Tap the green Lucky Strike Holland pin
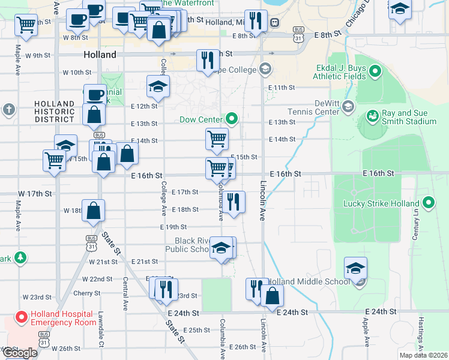coord(429,203)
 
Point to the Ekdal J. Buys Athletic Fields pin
coord(376,72)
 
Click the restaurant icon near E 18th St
coord(234,202)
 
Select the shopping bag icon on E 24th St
coord(272,295)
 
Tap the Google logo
coord(20,353)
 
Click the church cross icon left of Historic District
coord(8,109)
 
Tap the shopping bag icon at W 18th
coord(94,210)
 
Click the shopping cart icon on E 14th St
coord(217,139)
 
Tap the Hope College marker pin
coord(265,70)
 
